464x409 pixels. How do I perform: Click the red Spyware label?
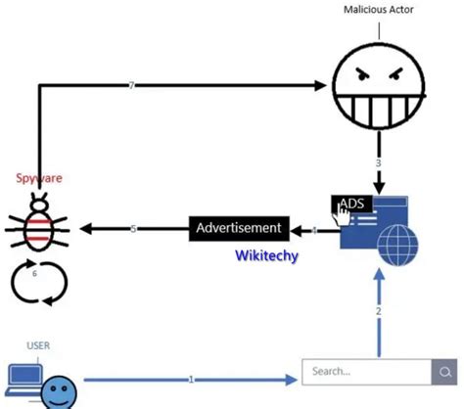coord(39,179)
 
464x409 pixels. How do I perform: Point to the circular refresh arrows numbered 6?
coord(36,281)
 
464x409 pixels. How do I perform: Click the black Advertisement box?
coord(239,229)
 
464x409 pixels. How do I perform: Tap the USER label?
coord(38,345)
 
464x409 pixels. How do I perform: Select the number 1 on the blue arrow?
coord(191,378)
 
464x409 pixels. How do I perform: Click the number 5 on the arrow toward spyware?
coord(134,229)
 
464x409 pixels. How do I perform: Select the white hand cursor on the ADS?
coord(344,217)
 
